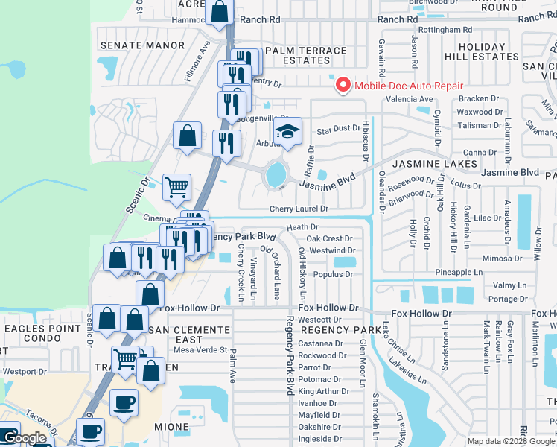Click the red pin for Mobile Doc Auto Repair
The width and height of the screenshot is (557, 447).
(343, 84)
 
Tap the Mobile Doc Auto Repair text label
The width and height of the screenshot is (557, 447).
(408, 86)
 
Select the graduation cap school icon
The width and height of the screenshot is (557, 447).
(287, 132)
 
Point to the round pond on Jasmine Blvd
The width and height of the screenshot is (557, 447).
(276, 175)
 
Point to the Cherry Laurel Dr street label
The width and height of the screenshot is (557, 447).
(299, 209)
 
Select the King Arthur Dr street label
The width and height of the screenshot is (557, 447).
(319, 391)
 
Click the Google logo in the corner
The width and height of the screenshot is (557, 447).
(25, 439)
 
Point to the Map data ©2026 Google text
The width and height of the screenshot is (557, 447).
(509, 441)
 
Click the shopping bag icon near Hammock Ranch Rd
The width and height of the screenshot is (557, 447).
(219, 11)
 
